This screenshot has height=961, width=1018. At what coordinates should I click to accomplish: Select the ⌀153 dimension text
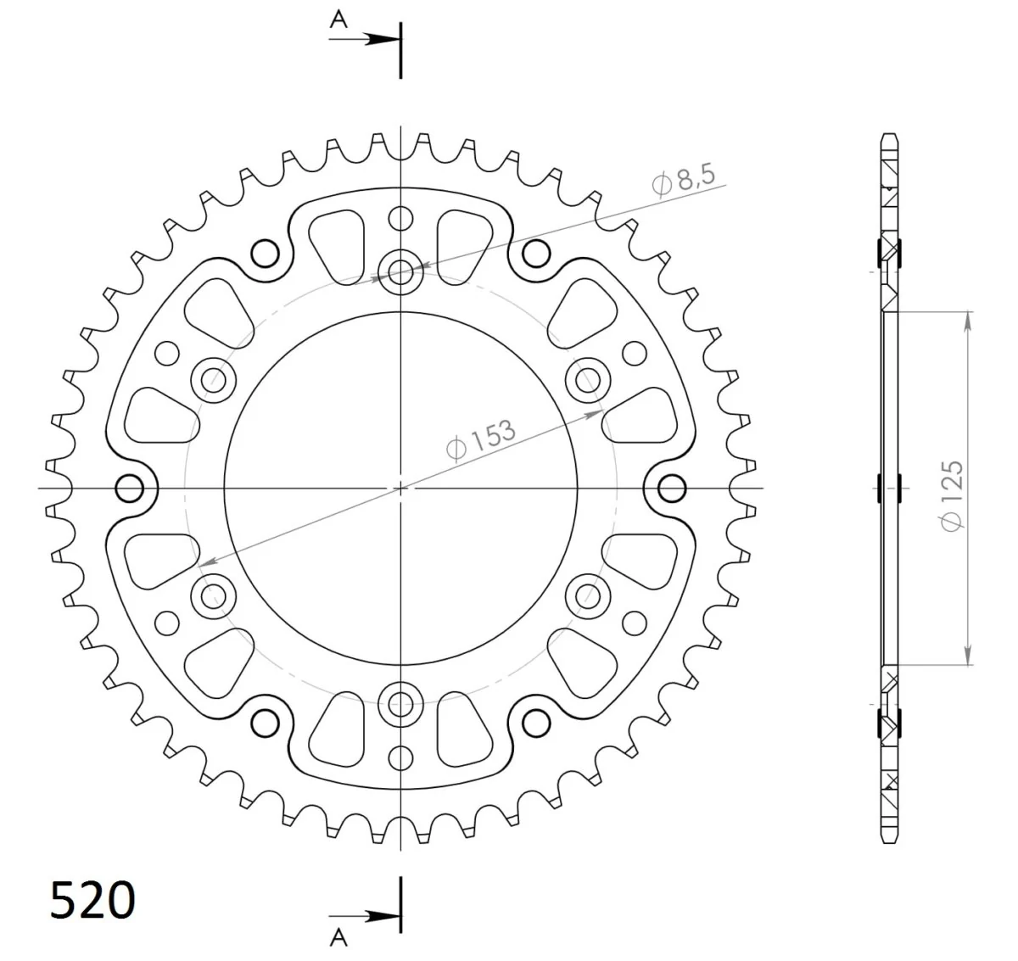point(481,440)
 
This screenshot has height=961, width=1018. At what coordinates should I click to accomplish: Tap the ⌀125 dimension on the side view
point(952,495)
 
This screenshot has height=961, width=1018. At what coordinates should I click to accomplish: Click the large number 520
point(92,900)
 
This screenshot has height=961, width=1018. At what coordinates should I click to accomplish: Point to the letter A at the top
point(338,20)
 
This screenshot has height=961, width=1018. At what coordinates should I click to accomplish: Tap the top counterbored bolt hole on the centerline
point(400,271)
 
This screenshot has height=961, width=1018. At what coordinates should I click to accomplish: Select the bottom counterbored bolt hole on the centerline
point(400,704)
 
